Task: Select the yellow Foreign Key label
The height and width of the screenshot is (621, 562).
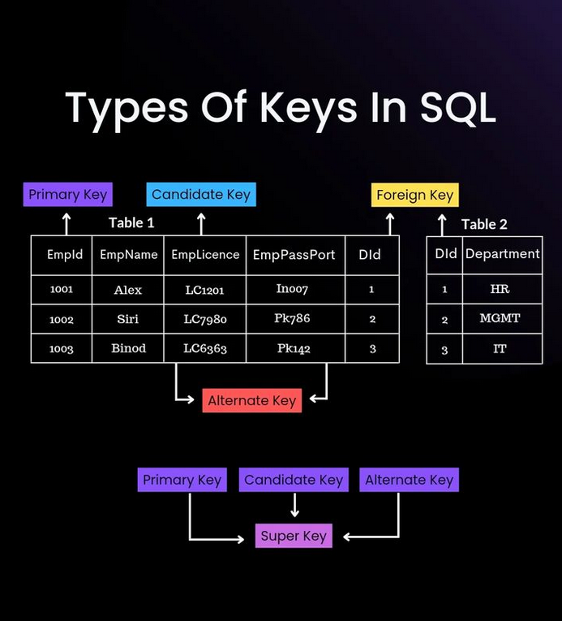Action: click(x=414, y=195)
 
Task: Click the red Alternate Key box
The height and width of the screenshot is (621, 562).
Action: click(x=251, y=400)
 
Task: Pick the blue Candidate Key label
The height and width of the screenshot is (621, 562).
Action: click(x=201, y=194)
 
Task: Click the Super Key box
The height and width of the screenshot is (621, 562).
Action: click(x=294, y=536)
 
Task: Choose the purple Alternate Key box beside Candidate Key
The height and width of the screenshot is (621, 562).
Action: click(x=409, y=480)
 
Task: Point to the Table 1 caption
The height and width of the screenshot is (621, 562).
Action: click(x=131, y=222)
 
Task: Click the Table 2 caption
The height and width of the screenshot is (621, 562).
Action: click(x=484, y=224)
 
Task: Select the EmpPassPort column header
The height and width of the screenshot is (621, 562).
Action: click(x=294, y=254)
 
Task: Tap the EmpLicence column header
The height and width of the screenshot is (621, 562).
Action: click(x=205, y=254)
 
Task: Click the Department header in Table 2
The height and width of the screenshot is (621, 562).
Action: click(x=502, y=253)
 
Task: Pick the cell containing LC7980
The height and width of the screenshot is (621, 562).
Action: click(x=205, y=319)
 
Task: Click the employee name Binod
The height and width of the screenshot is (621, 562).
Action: click(x=128, y=348)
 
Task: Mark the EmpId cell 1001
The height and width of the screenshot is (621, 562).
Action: click(x=61, y=289)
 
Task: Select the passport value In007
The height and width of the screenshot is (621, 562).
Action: click(x=292, y=288)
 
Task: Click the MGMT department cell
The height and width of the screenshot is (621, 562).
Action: click(x=500, y=318)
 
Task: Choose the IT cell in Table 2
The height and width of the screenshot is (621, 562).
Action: click(x=500, y=348)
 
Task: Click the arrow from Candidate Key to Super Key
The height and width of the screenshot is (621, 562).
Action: click(x=294, y=506)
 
